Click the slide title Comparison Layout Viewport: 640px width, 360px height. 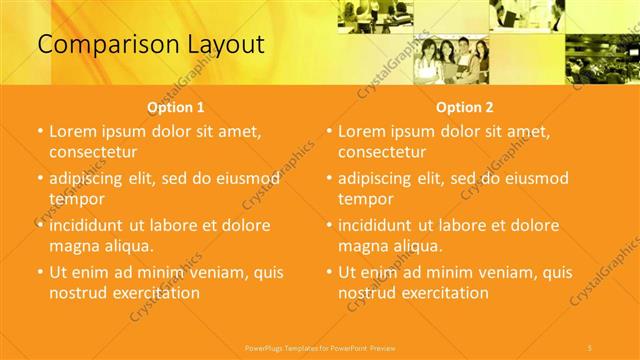tap(150, 44)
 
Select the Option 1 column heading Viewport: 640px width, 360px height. tap(176, 107)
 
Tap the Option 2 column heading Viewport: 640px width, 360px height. tap(465, 107)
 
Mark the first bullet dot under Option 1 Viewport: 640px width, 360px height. tap(39, 132)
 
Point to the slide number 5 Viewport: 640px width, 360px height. tap(590, 346)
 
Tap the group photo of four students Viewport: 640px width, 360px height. tap(452, 58)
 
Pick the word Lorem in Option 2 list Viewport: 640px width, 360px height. tap(361, 131)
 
